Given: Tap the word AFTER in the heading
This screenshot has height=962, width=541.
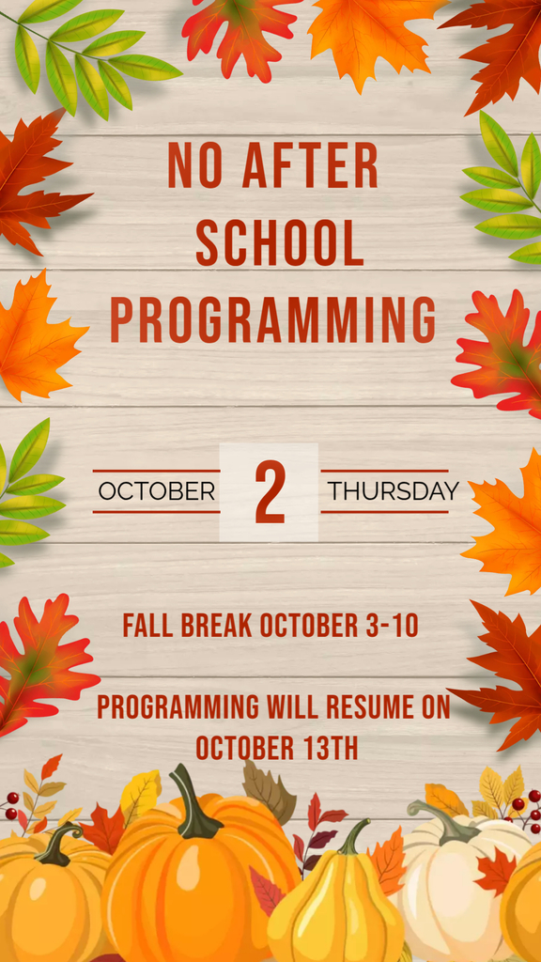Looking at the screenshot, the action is (310, 165).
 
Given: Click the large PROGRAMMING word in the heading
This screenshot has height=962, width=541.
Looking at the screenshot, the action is (273, 319).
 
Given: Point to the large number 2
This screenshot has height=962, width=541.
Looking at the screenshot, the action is (270, 492).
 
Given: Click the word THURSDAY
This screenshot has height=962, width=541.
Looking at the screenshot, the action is (394, 491).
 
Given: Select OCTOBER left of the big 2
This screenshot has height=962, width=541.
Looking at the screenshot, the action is (157, 491).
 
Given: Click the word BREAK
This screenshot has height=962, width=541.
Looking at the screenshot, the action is (217, 625).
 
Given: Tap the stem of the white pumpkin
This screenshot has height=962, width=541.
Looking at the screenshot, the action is (443, 819).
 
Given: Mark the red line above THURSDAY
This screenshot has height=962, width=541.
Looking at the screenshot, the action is (384, 471).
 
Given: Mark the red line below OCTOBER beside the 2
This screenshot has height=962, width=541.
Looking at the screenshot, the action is (157, 512).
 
